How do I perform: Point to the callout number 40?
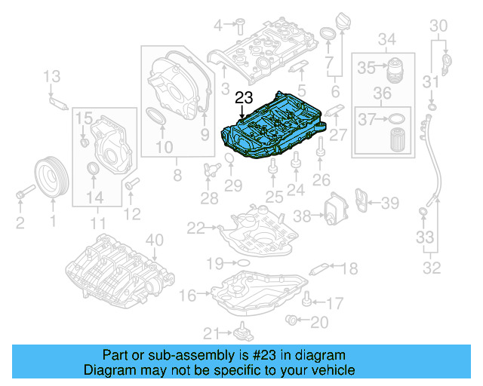point(154,240)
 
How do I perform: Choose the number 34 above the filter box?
point(386,38)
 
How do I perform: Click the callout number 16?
point(186,295)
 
